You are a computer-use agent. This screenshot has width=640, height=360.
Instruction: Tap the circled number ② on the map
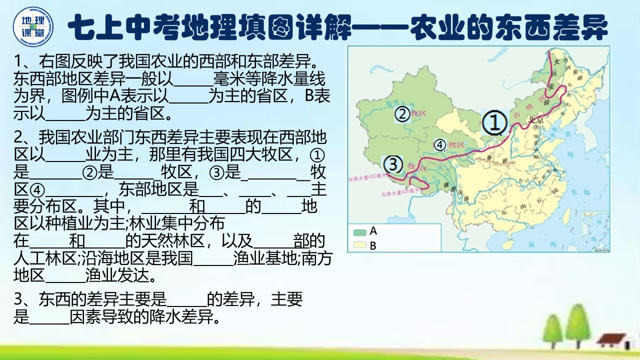[402, 114]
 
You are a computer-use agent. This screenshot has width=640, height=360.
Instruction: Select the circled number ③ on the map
[393, 164]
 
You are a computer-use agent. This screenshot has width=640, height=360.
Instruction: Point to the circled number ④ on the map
[440, 145]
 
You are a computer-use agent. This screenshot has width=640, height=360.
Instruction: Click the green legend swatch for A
[359, 232]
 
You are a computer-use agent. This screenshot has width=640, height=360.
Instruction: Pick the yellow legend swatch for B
[359, 245]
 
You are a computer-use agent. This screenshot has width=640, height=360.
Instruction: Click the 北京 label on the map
[534, 120]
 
